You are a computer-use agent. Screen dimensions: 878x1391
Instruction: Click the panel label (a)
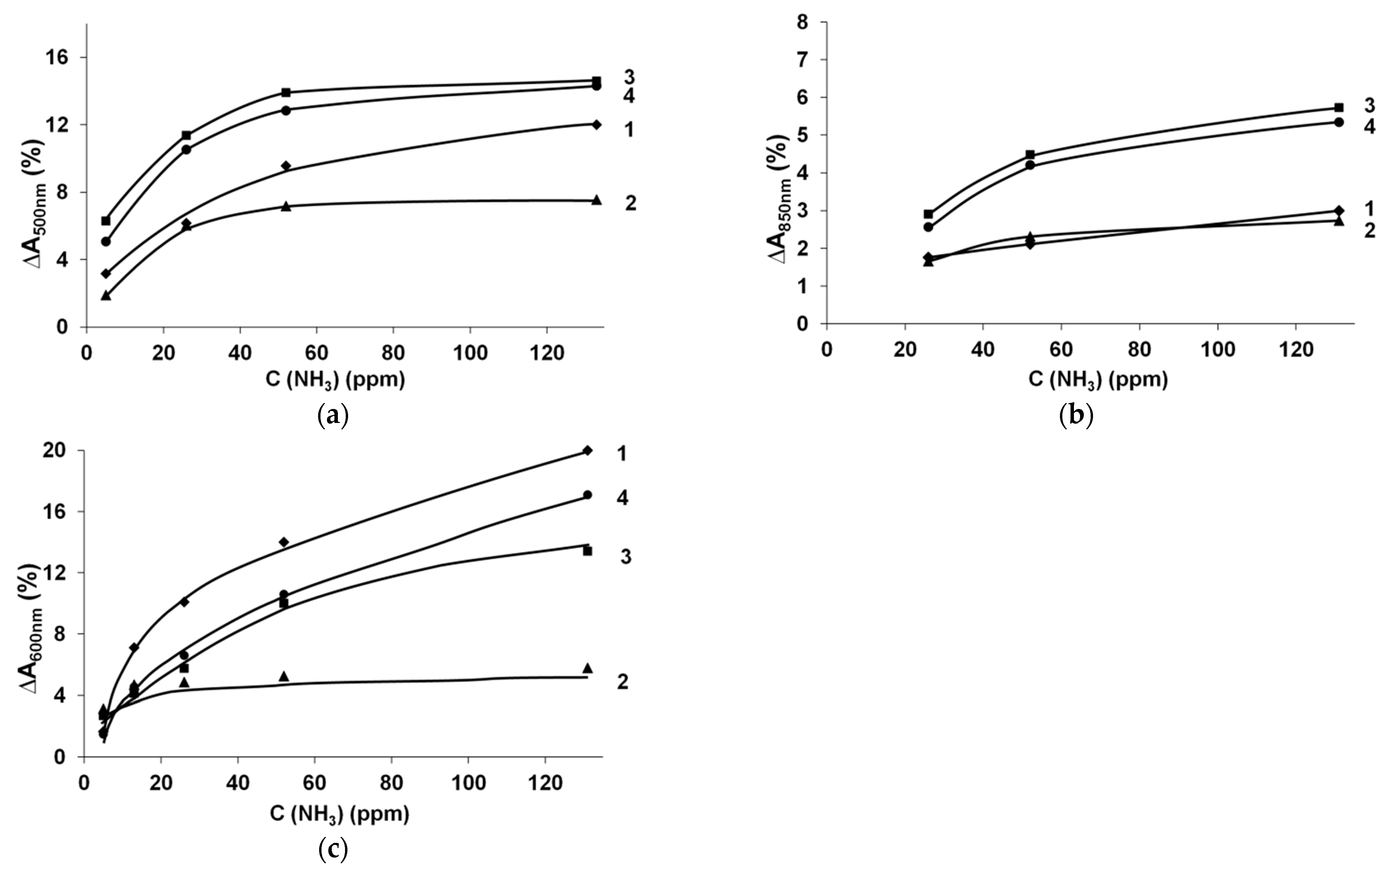333,415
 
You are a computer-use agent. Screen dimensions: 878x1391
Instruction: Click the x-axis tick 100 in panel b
1217,351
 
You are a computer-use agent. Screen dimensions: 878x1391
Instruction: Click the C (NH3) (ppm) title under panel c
340,814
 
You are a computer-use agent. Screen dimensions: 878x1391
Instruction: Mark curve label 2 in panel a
630,203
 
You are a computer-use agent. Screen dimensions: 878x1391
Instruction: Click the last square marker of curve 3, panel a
597,81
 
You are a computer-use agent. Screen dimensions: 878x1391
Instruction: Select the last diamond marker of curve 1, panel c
587,451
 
